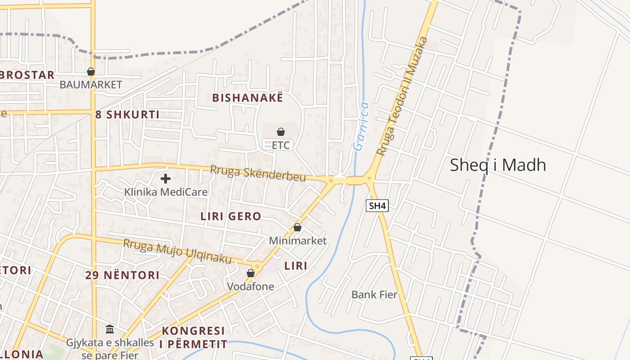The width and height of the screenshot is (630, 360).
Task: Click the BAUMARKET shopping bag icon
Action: (91, 72)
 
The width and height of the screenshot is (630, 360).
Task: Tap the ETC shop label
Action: (281, 145)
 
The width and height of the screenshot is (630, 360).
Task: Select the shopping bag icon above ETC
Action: (281, 131)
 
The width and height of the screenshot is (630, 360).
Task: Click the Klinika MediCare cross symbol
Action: (166, 179)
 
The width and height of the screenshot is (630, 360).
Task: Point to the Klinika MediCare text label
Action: (166, 192)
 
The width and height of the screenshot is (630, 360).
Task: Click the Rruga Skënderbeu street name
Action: (258, 174)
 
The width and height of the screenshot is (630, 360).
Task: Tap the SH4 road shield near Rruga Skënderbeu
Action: (378, 206)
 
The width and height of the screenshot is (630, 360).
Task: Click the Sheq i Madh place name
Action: (498, 165)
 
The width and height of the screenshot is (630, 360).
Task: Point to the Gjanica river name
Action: (361, 126)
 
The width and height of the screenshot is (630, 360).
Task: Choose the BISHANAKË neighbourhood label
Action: (247, 98)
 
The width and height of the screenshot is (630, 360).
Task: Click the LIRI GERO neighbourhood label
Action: (231, 216)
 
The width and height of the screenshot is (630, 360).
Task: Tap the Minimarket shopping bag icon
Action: (297, 227)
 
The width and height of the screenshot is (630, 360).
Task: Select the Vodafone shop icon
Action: (251, 273)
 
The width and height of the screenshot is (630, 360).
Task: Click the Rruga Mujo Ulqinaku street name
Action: (177, 252)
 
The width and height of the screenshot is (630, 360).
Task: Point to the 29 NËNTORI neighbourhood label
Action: (122, 275)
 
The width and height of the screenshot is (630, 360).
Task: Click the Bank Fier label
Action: (374, 295)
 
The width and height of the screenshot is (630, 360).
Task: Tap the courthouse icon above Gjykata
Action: (110, 329)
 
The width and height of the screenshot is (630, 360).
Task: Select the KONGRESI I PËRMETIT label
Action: (193, 337)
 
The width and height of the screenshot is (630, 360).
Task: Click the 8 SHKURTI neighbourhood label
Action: (127, 114)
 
